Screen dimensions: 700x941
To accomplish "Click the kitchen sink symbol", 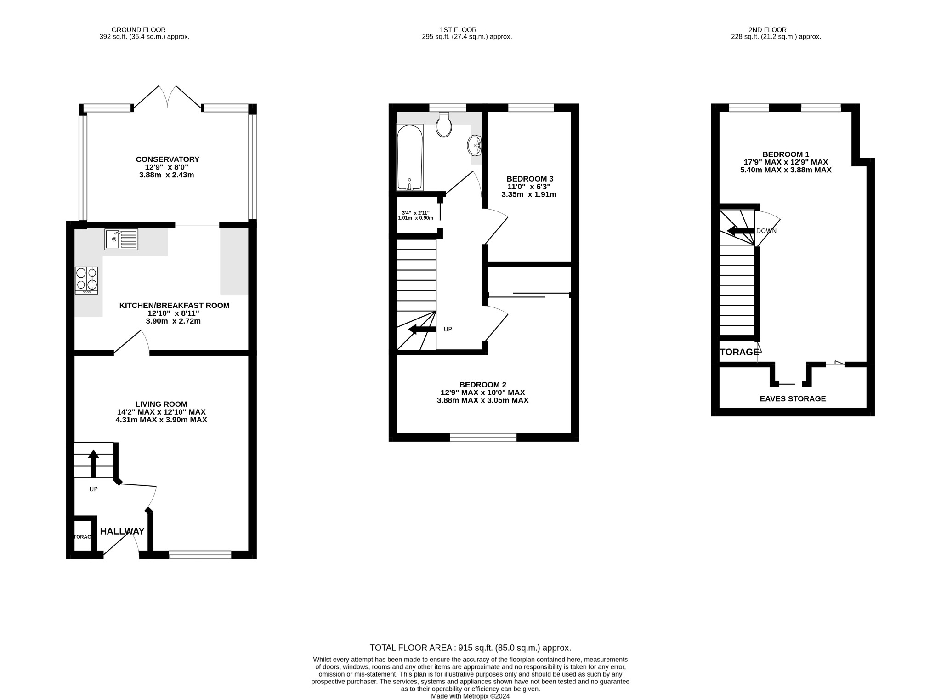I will click(x=121, y=239).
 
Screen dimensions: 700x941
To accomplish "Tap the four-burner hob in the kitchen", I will click(x=86, y=280).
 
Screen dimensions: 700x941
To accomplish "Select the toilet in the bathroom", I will click(x=444, y=125).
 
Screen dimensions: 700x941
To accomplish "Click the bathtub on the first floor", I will click(x=409, y=158).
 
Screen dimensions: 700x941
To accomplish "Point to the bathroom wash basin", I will click(x=475, y=146).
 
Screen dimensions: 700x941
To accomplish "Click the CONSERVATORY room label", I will click(x=167, y=159).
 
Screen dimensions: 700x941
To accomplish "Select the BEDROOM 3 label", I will click(x=529, y=179).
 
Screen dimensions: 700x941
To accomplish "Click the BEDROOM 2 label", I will click(x=482, y=385).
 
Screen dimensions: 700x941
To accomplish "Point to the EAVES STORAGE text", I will click(x=793, y=399).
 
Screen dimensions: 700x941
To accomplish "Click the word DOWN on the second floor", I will click(x=766, y=231).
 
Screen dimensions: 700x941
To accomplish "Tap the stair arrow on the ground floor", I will click(x=93, y=462).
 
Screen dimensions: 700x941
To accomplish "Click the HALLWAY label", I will click(x=122, y=531).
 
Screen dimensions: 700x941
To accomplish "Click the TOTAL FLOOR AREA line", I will click(x=470, y=648).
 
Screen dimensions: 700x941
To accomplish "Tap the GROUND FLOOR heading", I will click(x=138, y=30).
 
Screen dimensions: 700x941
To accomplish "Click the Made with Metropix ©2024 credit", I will click(x=470, y=696).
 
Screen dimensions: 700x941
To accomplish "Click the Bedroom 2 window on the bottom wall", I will click(x=483, y=438).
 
